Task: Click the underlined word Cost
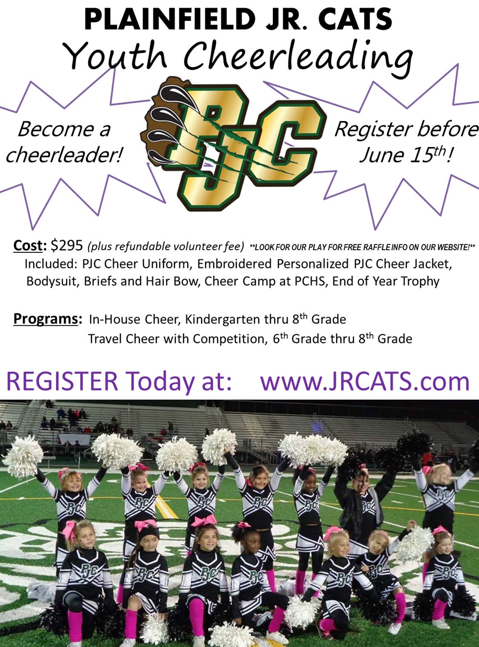tap(28, 246)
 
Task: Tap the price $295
tap(67, 246)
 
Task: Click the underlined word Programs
tap(46, 319)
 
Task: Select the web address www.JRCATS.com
tap(365, 381)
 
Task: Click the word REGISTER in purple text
tap(62, 381)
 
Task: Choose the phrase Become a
tap(64, 129)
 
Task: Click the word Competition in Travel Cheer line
tap(230, 339)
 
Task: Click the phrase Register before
tap(407, 129)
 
